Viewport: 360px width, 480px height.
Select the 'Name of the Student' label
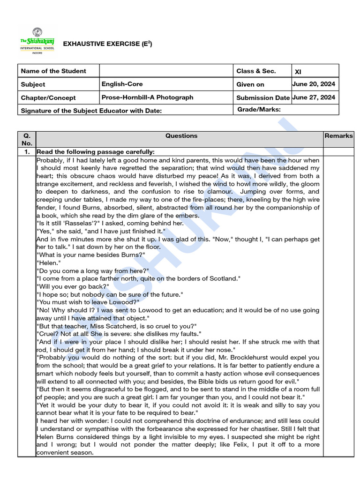pos(53,71)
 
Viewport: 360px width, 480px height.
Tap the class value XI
pos(298,72)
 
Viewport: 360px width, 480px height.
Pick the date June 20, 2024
pos(314,84)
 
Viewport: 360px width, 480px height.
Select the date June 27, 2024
pos(314,97)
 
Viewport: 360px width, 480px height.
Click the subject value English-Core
pos(122,84)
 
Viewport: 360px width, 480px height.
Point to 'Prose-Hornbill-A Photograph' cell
pos(147,97)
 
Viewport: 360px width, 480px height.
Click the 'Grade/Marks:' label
pos(259,110)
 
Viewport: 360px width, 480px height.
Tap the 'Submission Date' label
pos(263,98)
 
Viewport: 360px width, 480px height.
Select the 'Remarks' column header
pos(338,136)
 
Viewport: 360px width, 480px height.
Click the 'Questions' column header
pos(181,136)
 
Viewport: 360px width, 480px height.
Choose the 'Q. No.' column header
pos(27,140)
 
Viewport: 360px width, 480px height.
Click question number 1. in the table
pos(27,152)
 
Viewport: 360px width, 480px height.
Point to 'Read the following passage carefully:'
pos(96,152)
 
